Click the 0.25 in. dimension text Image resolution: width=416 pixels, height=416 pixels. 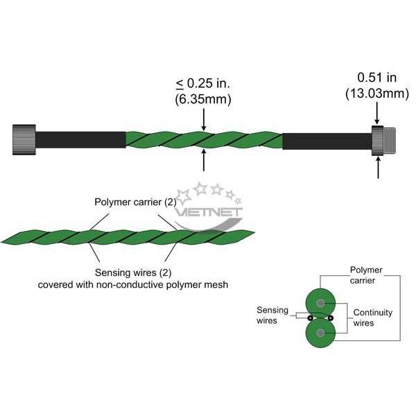203,83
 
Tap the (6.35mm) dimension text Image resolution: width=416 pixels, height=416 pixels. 203,99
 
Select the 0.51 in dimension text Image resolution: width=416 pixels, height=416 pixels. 377,78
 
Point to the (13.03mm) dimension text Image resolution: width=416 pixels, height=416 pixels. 377,94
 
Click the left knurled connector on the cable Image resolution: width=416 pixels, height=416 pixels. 24,139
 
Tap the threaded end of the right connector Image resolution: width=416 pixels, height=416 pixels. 390,141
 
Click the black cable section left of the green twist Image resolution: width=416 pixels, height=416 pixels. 80,140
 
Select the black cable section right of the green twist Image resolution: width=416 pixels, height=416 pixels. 327,141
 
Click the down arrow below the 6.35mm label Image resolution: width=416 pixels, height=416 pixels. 203,120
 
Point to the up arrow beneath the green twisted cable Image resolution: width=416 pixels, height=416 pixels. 203,160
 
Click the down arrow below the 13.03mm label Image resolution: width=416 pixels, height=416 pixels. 377,113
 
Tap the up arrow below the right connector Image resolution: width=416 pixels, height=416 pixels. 378,168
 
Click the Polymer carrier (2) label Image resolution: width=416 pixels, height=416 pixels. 135,202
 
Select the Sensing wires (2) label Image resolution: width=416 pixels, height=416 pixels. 133,272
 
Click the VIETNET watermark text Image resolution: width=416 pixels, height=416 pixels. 209,212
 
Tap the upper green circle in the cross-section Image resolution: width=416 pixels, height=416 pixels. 320,303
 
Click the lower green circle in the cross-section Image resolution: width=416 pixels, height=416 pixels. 320,333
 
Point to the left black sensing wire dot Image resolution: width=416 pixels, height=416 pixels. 310,318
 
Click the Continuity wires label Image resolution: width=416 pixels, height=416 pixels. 372,318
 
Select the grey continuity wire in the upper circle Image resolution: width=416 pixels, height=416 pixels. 320,303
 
